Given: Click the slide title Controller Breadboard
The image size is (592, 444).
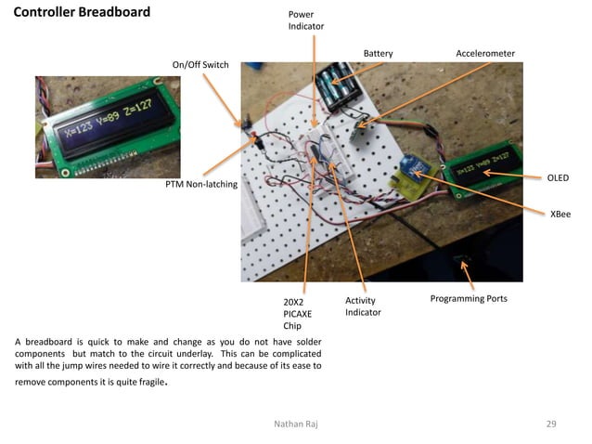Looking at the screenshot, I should pos(82,13).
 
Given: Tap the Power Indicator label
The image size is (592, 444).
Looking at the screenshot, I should pos(306,20).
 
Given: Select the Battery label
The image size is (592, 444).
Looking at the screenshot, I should pos(378,54).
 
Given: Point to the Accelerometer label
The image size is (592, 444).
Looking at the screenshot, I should pos(484,54).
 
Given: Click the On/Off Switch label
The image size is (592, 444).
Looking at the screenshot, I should pos(200,65).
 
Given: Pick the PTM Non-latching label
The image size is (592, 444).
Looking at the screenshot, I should pos(201,185).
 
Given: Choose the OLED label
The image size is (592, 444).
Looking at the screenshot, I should pos(557,177).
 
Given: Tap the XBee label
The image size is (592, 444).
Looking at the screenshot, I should pos(560,214).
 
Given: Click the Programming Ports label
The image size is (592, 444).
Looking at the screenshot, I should pos(469,298).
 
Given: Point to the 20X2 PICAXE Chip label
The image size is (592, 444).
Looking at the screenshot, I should pos(298,314).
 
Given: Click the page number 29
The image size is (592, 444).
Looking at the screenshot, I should pos(551,424).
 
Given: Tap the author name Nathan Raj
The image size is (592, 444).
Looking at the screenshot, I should pos(296,424).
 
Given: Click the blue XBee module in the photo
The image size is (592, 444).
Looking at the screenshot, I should pos(411,168).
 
